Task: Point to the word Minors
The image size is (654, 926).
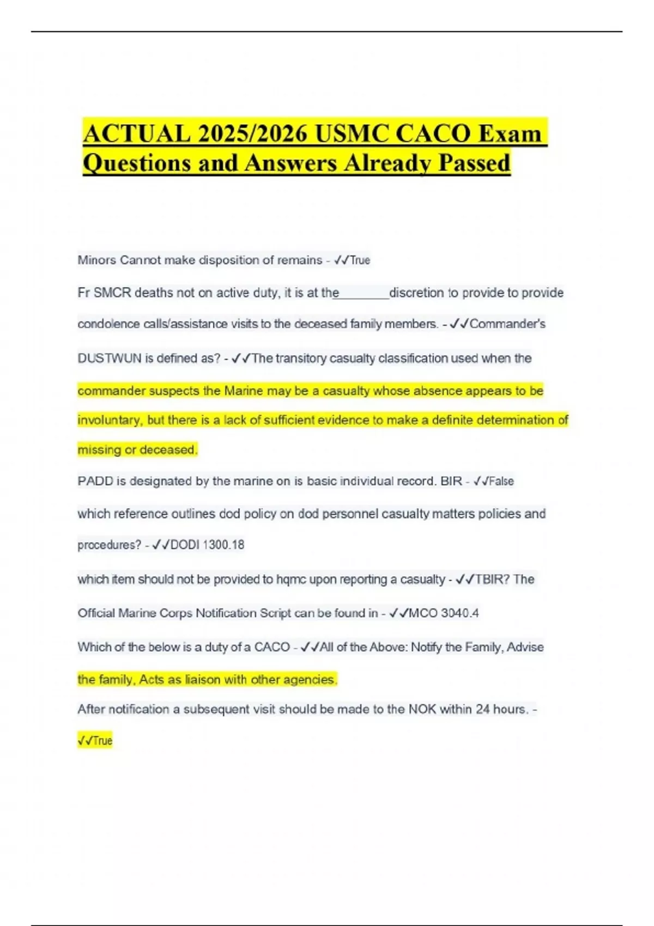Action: [x=96, y=260]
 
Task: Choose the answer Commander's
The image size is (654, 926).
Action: [x=507, y=324]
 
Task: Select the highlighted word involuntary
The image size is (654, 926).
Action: [x=110, y=421]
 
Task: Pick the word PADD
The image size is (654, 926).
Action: [x=95, y=482]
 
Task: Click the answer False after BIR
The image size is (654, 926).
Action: [x=501, y=482]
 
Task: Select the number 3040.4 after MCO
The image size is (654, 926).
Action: [x=460, y=613]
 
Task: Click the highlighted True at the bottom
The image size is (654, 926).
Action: [x=102, y=741]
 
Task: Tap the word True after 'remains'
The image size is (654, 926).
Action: [x=360, y=260]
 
